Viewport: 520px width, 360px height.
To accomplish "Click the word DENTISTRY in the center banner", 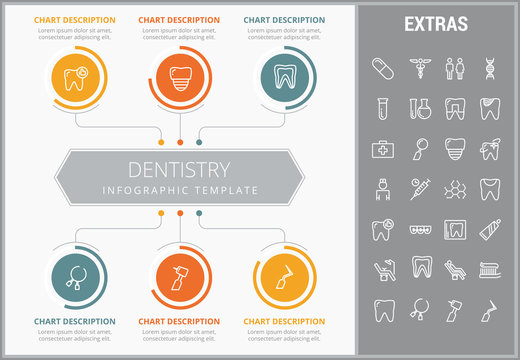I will (x=180, y=169).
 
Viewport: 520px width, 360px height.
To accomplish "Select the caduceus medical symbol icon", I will (x=418, y=68).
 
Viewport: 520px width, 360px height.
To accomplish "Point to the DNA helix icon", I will (x=490, y=68).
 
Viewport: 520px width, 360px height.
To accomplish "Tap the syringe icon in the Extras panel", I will (x=418, y=188).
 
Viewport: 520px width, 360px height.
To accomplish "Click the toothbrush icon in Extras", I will (x=490, y=268).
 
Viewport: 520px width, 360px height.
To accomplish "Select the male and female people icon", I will (x=454, y=68).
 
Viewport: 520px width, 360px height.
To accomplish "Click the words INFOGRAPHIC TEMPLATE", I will (x=180, y=190).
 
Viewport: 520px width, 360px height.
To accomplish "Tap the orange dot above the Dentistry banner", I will (x=180, y=143).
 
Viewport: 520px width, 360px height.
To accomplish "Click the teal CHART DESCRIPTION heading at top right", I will (x=284, y=19).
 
